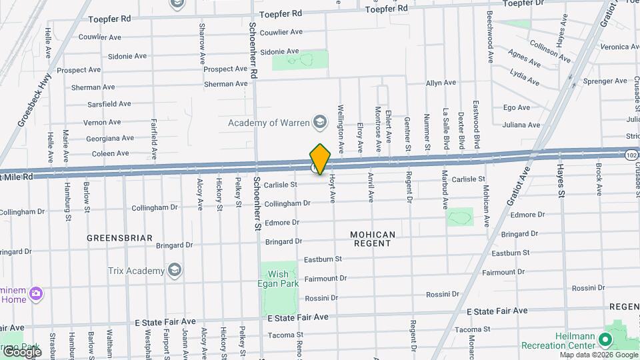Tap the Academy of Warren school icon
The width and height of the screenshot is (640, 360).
[x=321, y=122]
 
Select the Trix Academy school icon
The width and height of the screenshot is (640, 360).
[x=175, y=271]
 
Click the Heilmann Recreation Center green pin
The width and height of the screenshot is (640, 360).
[x=605, y=340]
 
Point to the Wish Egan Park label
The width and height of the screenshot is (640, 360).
[x=279, y=279]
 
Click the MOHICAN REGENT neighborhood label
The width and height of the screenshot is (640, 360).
[x=373, y=239]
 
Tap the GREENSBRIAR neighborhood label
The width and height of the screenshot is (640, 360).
[x=120, y=237]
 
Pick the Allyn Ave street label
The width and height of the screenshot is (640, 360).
[x=441, y=83]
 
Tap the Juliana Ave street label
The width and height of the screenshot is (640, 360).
[x=521, y=125]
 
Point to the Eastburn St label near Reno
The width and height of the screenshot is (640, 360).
[x=323, y=259]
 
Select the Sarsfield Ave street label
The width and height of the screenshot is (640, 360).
[x=109, y=104]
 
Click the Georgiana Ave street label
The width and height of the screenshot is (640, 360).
[x=110, y=139]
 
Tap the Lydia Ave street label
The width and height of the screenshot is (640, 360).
[x=524, y=77]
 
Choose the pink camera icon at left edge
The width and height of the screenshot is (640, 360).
[x=36, y=293]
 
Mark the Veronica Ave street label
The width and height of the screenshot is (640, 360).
[x=619, y=47]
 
